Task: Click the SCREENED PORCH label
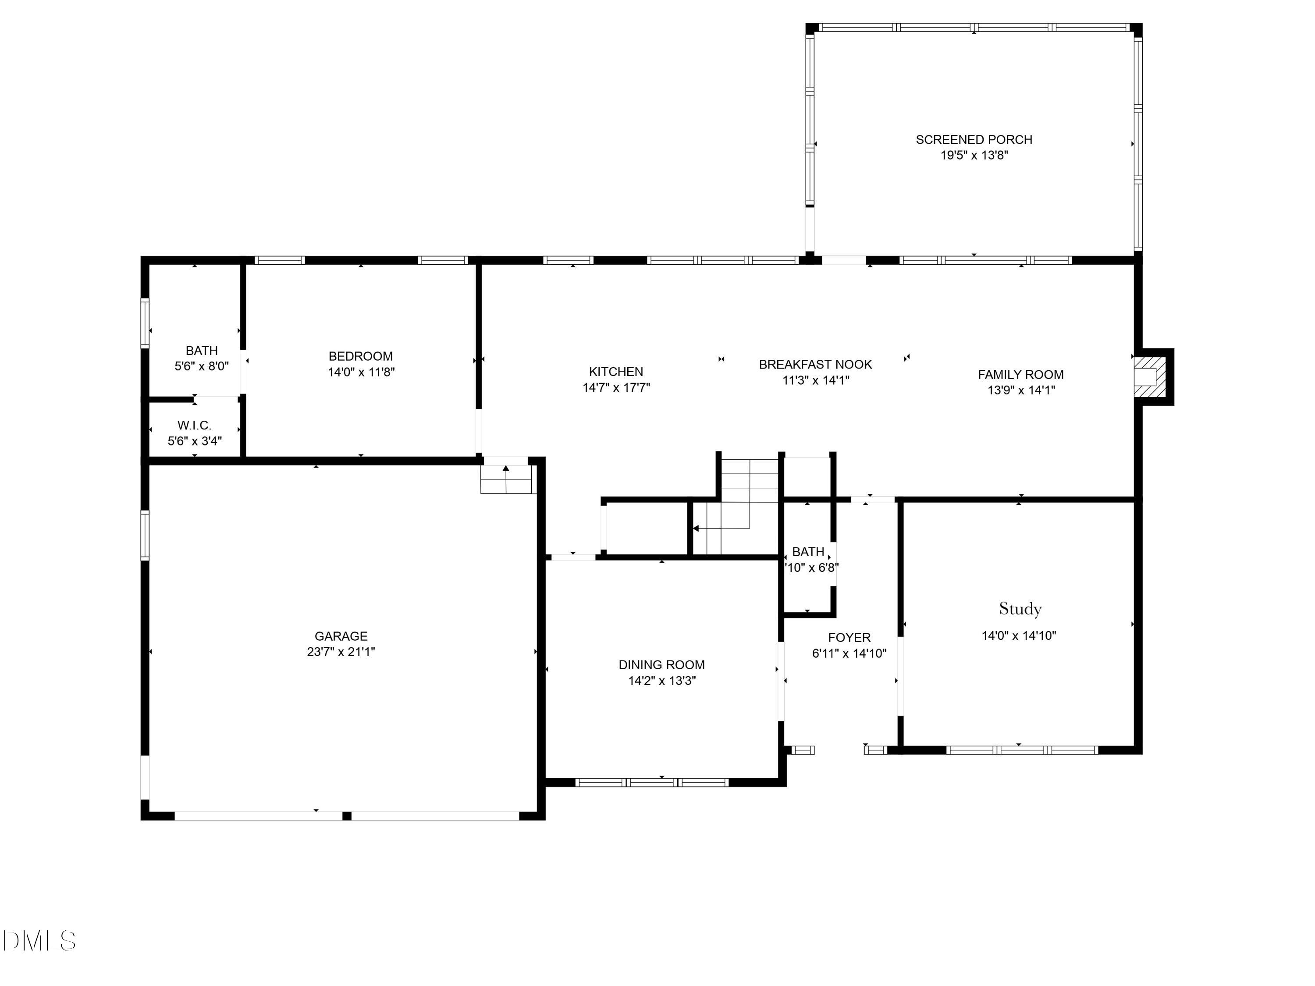[x=974, y=140]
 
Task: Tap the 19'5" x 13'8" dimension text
[x=974, y=155]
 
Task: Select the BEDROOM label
[x=361, y=356]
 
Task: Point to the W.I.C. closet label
[x=194, y=426]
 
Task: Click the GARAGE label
[x=341, y=636]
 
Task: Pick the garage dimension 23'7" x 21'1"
[x=341, y=651]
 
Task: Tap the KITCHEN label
[x=616, y=372]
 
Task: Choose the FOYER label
[x=849, y=638]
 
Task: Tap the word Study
[x=1020, y=609]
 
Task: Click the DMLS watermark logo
[x=39, y=941]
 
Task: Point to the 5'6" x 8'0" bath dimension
[x=202, y=366]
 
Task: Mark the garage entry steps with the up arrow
[x=506, y=479]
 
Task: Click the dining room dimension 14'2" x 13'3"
[x=661, y=681]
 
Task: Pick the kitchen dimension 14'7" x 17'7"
[x=616, y=387]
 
